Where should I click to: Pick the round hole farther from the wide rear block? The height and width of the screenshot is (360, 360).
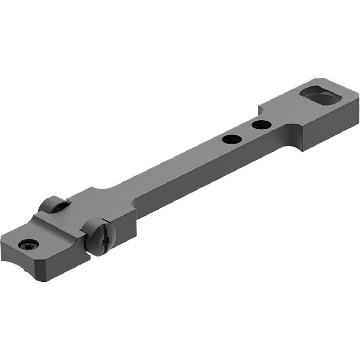232,140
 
